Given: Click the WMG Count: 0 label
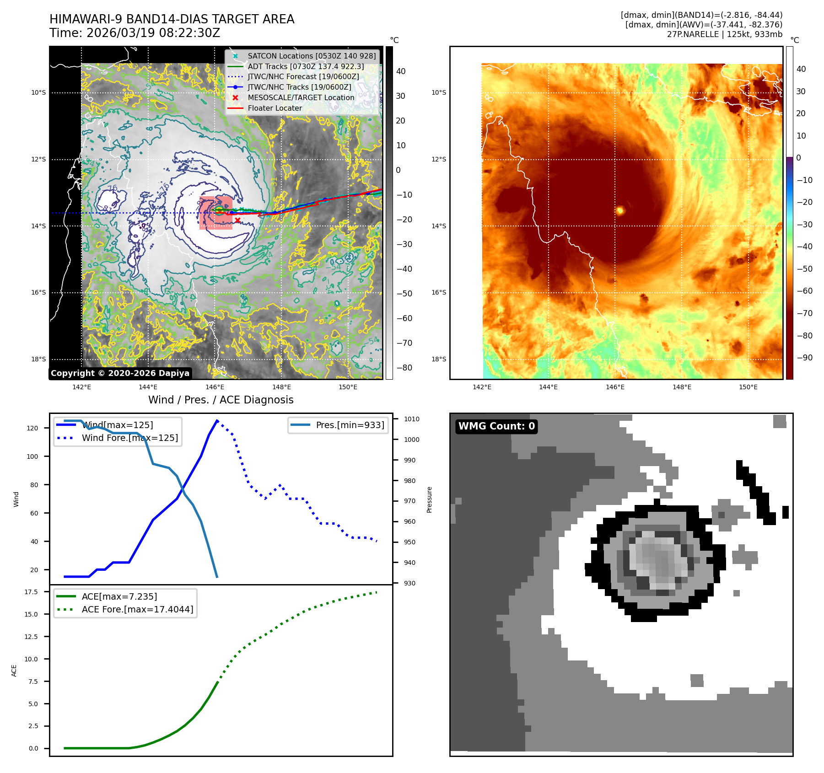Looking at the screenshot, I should (496, 426).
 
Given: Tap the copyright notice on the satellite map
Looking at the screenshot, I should (120, 373).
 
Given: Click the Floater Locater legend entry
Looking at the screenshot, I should (275, 108).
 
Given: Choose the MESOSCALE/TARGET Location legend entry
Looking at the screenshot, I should (301, 98).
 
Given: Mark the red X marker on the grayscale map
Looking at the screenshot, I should (237, 220).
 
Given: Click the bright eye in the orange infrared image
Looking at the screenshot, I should (620, 210).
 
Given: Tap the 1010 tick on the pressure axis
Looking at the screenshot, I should (411, 419).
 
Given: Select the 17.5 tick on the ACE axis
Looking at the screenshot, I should (31, 592).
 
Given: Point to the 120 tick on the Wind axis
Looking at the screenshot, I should (32, 428).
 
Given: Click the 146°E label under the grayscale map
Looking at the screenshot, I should (215, 387).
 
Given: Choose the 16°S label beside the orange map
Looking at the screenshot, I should (438, 293).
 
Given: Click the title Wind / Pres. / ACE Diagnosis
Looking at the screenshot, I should (221, 400).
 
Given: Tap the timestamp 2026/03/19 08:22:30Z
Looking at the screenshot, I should (153, 33).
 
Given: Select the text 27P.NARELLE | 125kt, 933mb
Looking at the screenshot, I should (724, 34).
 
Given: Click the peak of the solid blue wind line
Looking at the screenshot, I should (217, 420).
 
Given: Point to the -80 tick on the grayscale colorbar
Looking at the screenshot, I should (404, 368).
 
